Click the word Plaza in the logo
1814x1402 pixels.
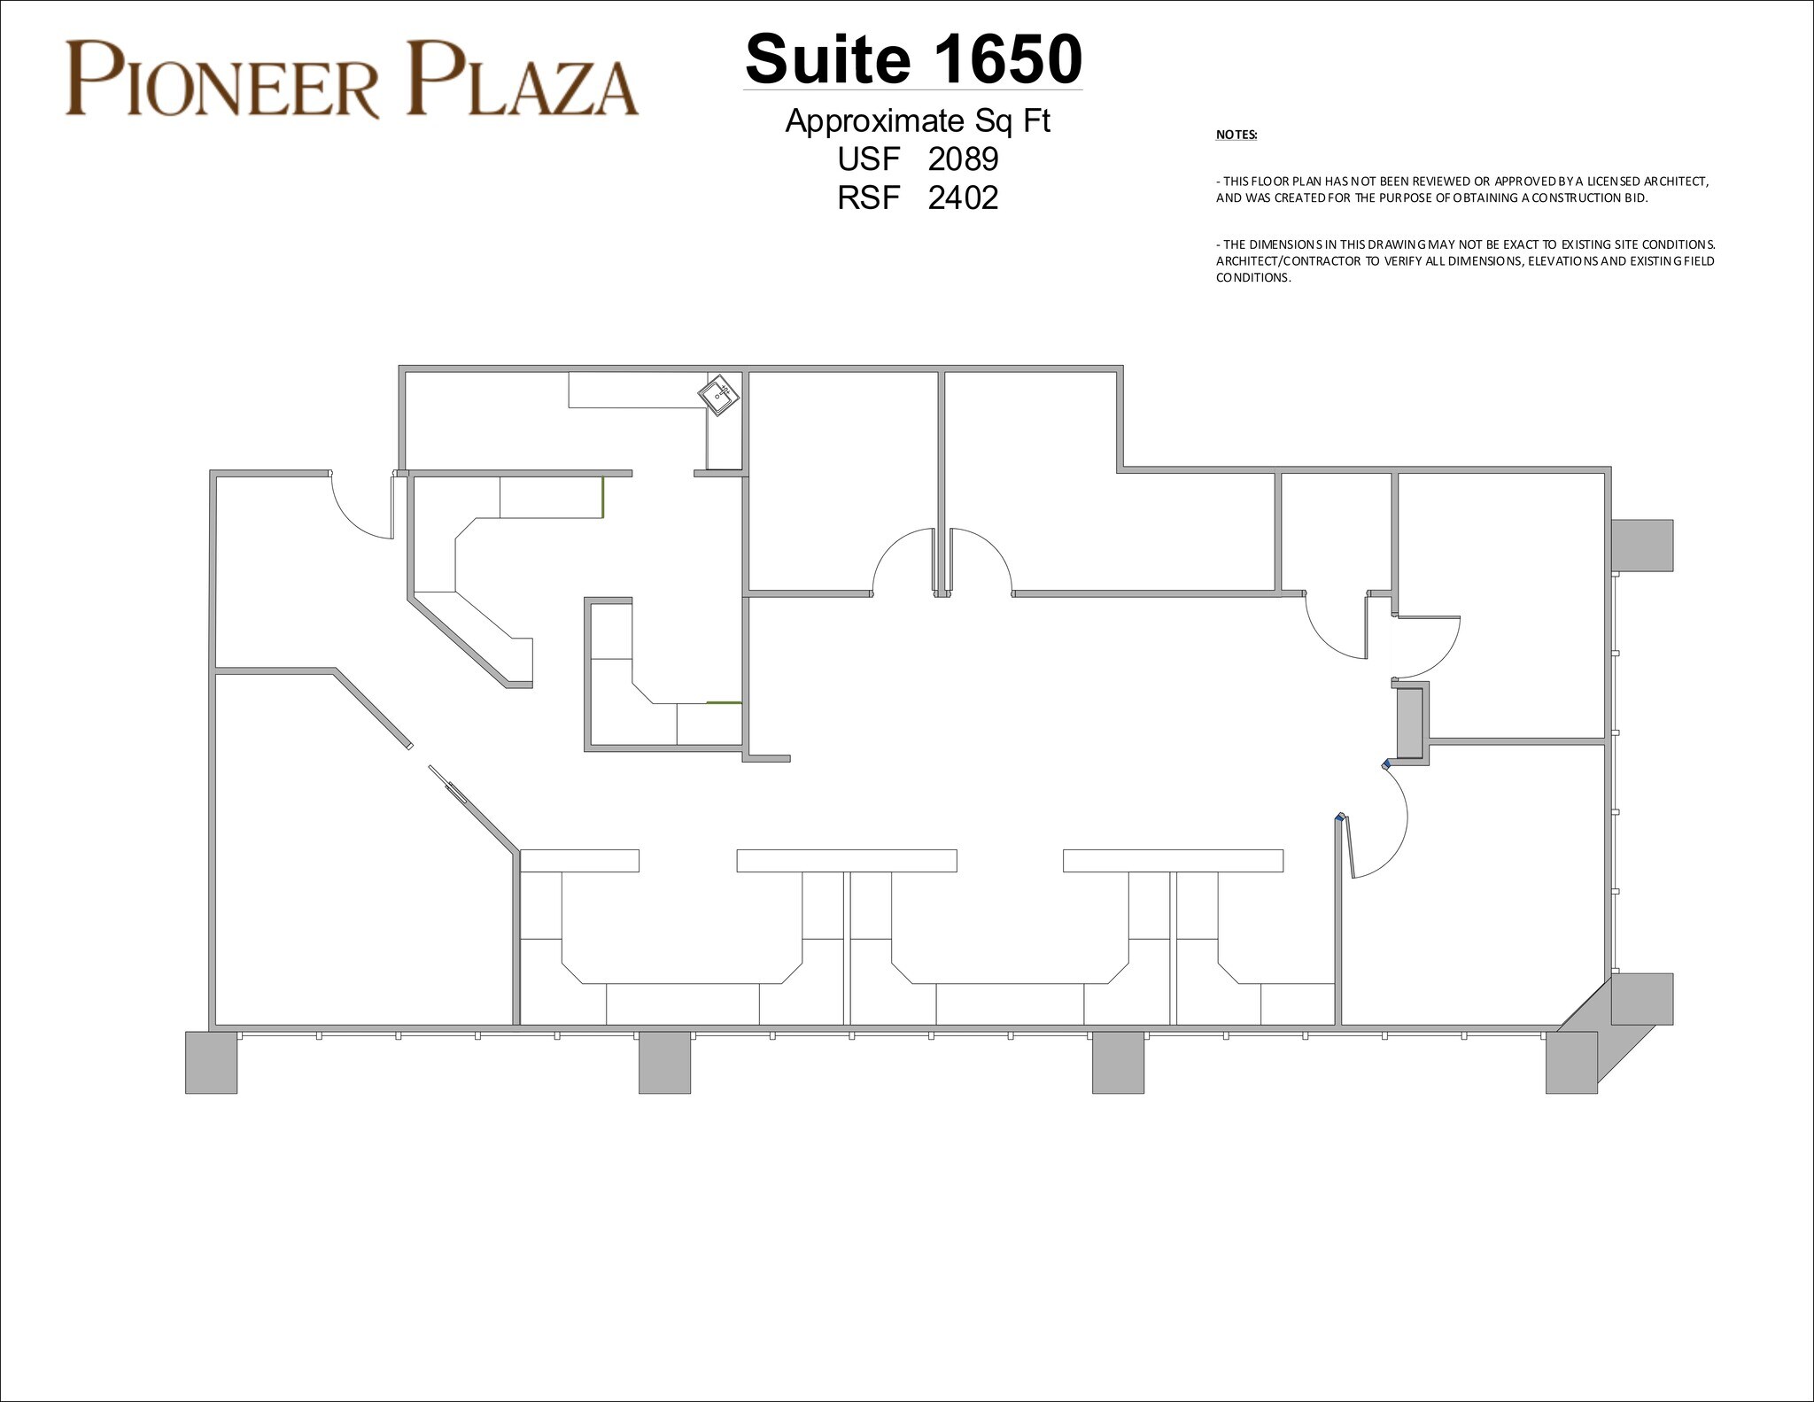pyautogui.click(x=523, y=82)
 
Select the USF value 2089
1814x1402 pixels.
pyautogui.click(x=963, y=159)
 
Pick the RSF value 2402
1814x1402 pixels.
pyautogui.click(x=963, y=198)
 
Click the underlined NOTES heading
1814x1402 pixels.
pyautogui.click(x=1236, y=136)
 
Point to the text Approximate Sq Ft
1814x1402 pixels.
pyautogui.click(x=917, y=120)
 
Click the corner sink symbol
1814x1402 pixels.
pyautogui.click(x=719, y=395)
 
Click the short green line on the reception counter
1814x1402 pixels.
pyautogui.click(x=603, y=497)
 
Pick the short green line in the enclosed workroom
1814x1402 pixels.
pyautogui.click(x=724, y=702)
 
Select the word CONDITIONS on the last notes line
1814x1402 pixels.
pyautogui.click(x=1252, y=278)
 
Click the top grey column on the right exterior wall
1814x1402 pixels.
pyautogui.click(x=1641, y=545)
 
